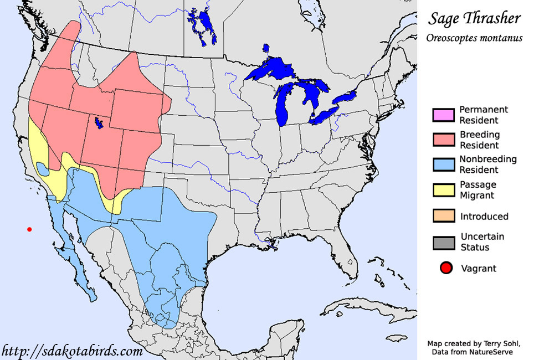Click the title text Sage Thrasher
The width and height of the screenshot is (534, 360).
[474, 18]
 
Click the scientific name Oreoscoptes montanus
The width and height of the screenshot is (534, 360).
[474, 38]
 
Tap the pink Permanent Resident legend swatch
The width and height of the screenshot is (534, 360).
[443, 115]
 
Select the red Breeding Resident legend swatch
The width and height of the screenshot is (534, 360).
[443, 140]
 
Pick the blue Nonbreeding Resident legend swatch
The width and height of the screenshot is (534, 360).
[443, 164]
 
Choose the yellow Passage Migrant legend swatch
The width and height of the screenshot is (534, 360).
[443, 189]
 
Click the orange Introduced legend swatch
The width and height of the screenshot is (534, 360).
[443, 215]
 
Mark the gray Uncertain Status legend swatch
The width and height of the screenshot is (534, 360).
[443, 241]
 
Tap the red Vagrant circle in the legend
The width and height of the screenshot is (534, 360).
[444, 269]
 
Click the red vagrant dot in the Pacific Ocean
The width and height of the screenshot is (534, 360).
[29, 229]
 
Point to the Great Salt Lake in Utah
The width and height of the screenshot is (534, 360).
[99, 122]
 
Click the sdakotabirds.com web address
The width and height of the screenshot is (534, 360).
[72, 351]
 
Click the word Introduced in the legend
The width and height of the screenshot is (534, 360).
[484, 216]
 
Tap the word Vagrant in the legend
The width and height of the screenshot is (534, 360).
[479, 269]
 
